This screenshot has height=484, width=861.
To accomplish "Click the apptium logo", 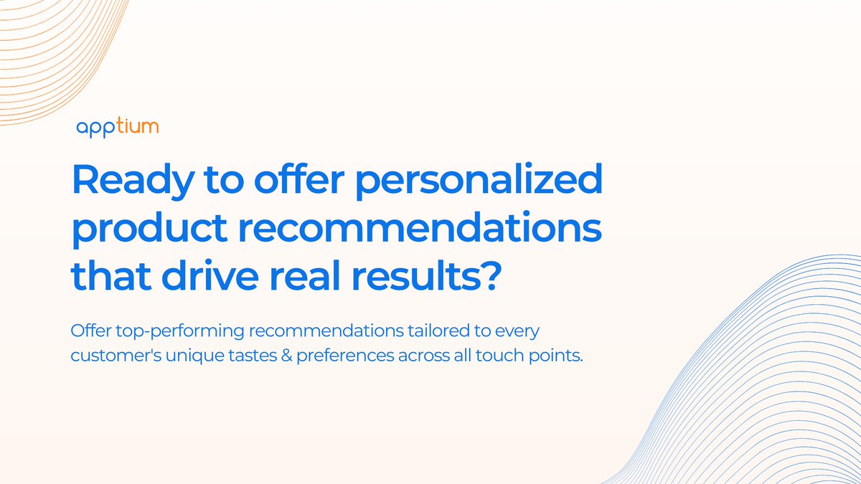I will pyautogui.click(x=117, y=128).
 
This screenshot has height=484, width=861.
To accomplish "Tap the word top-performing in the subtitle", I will pyautogui.click(x=159, y=332).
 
